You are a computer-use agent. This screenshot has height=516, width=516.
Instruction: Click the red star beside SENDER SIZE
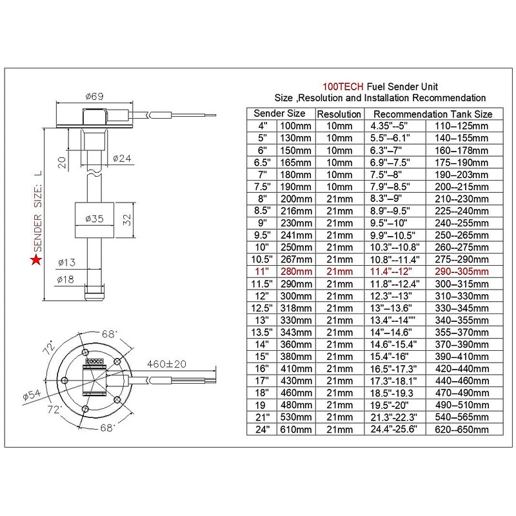click(x=36, y=260)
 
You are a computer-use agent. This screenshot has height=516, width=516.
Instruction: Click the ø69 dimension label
click(x=94, y=96)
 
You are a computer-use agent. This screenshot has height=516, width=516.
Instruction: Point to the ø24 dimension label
click(x=122, y=159)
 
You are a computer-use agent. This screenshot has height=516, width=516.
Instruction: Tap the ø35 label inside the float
click(x=94, y=219)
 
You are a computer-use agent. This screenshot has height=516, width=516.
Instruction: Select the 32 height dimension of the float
click(x=127, y=219)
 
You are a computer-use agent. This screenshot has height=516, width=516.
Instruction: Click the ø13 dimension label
click(x=67, y=263)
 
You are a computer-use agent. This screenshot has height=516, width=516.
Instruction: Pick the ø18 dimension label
click(x=65, y=279)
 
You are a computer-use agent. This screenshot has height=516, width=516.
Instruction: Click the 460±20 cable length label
click(x=166, y=364)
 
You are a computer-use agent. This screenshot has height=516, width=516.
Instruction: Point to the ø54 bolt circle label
click(x=32, y=394)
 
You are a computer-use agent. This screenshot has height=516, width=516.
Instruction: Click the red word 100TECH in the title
click(x=343, y=86)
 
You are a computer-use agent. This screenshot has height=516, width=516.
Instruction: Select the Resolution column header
click(x=339, y=114)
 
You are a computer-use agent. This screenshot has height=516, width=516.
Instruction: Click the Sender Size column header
click(x=279, y=114)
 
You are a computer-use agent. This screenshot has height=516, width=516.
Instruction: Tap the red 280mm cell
click(x=296, y=272)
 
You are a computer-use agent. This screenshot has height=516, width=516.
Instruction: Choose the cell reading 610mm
click(x=296, y=429)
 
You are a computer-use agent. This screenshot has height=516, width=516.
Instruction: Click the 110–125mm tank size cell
click(x=461, y=126)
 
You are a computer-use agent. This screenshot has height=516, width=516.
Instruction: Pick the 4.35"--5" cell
click(x=389, y=126)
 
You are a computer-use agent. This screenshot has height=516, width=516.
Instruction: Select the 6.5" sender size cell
click(x=263, y=163)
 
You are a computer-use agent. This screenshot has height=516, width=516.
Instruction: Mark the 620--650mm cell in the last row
click(x=461, y=429)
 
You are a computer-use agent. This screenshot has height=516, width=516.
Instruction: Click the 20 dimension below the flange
click(x=62, y=163)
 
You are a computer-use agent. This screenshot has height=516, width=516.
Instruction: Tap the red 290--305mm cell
click(x=462, y=272)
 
